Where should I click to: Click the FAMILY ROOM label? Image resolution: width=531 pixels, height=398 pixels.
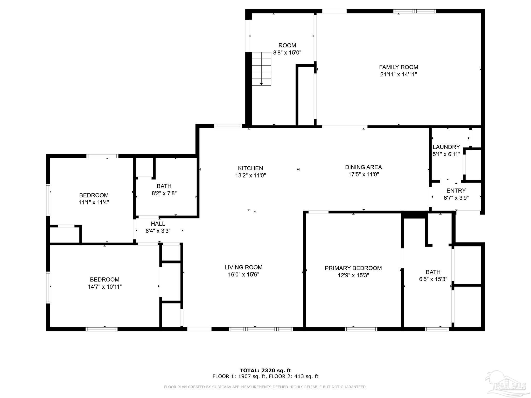click(x=399, y=67)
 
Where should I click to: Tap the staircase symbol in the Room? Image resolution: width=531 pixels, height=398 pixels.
click(x=261, y=69)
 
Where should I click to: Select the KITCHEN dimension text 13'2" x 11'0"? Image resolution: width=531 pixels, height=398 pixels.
click(x=250, y=175)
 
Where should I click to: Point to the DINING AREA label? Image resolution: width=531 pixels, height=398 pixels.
click(x=363, y=167)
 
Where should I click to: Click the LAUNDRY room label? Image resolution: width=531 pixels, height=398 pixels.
click(x=446, y=147)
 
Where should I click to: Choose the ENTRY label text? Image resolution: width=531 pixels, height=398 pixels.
click(x=456, y=191)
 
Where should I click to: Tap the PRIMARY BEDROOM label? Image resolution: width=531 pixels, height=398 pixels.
click(x=353, y=268)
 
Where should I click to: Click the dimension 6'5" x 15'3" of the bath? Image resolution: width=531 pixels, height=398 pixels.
click(x=433, y=279)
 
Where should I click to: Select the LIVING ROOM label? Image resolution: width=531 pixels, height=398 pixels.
click(x=243, y=267)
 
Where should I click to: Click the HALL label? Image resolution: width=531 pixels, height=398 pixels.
click(x=158, y=224)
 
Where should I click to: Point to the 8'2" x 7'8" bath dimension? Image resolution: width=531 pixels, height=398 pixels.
click(x=164, y=193)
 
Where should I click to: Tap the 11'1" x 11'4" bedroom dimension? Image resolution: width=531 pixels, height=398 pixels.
click(x=94, y=202)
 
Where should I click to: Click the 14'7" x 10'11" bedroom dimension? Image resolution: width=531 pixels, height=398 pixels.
click(x=104, y=287)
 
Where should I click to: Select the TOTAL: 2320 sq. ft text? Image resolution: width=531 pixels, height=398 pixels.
click(x=265, y=370)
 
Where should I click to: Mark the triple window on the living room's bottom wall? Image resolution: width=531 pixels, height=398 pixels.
click(x=261, y=329)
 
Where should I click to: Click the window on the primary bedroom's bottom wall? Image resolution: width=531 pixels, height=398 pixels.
click(x=361, y=329)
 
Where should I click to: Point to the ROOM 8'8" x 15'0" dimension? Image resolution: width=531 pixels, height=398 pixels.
click(x=287, y=53)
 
